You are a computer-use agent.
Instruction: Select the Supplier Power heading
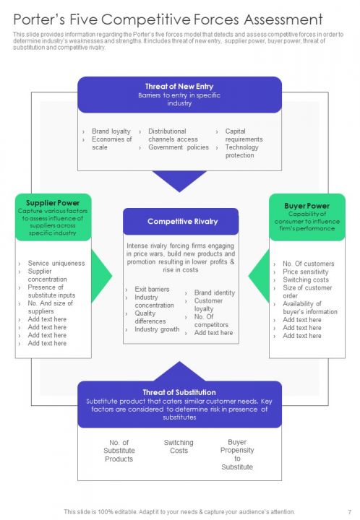click(x=52, y=203)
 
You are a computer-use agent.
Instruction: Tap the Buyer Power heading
click(x=307, y=206)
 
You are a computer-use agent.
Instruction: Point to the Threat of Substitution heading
click(x=179, y=392)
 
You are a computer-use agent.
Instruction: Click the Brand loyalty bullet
click(x=111, y=131)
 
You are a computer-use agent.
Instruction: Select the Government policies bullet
click(x=178, y=147)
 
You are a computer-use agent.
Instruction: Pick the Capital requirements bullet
click(x=244, y=135)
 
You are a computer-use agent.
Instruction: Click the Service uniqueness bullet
click(x=56, y=264)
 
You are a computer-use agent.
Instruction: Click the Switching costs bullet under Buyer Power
click(x=305, y=279)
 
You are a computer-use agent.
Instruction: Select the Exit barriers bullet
click(x=152, y=289)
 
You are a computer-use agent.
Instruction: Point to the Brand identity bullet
click(x=214, y=292)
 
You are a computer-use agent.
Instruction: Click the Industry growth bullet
click(x=157, y=329)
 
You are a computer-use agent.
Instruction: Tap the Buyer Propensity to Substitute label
click(x=237, y=454)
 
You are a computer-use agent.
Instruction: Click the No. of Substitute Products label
click(x=119, y=451)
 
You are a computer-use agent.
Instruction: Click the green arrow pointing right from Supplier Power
click(x=102, y=276)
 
